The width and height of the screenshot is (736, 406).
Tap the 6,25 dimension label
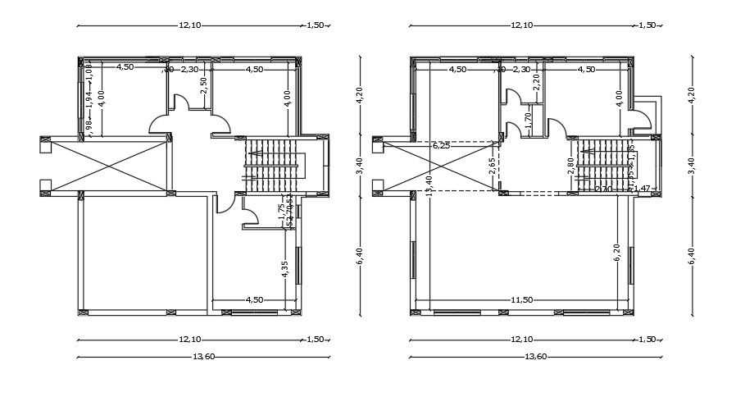coord(440,145)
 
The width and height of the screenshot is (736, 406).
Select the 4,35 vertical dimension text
coord(284,269)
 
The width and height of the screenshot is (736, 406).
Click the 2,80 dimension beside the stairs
coord(570,166)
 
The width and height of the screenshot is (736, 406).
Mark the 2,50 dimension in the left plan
coord(204,87)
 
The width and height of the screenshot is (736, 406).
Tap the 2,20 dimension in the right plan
coord(536,80)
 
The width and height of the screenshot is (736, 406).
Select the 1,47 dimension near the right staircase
coord(643,189)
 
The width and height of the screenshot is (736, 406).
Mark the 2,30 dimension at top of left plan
coord(189,69)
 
